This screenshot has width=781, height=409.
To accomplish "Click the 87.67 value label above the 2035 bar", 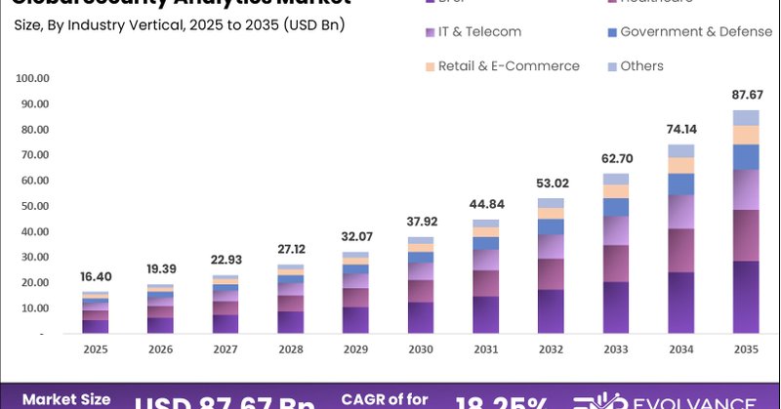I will point(746,95).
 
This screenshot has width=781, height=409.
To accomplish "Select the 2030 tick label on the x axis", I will point(420,348).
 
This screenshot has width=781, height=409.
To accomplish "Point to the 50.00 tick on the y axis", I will point(35,206).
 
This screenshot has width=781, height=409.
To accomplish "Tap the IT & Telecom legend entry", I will point(478,31).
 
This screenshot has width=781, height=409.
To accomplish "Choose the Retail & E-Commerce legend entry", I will point(508,65).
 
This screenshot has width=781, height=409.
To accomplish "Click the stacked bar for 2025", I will point(96,312).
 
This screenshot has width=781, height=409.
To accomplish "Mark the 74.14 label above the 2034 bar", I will point(680,129).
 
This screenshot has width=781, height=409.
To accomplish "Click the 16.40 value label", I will point(96,276).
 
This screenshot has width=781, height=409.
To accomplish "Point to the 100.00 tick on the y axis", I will point(33,78).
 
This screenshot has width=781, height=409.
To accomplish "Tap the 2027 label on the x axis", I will point(226,348).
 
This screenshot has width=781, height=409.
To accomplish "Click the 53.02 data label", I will point(551,183).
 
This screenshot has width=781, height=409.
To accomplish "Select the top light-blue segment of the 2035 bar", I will point(746,117).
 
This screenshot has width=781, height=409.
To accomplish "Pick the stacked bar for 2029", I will point(355,293).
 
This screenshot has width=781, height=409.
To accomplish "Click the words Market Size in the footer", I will point(66,399).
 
